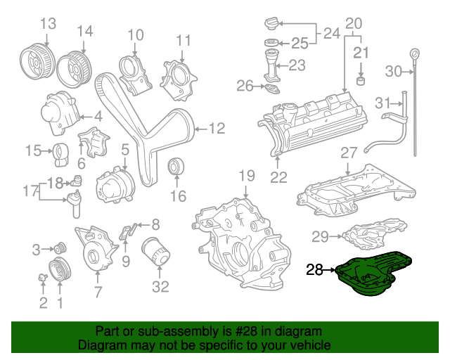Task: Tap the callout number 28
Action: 314,269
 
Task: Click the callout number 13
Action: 47,25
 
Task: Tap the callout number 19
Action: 245,175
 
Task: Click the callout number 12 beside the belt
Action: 217,128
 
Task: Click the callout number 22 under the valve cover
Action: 278,177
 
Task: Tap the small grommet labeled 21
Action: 361,79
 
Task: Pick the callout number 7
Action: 98,292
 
